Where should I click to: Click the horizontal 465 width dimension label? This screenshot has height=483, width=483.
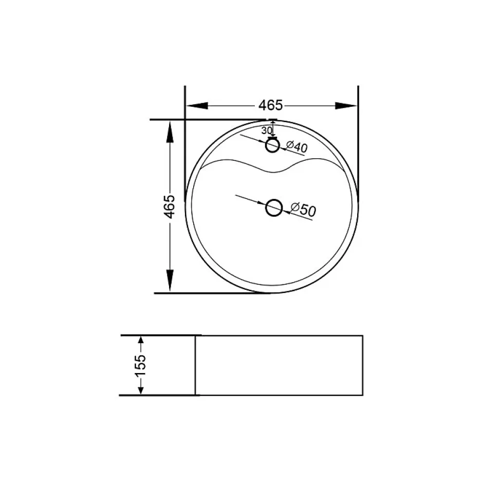(x=270, y=105)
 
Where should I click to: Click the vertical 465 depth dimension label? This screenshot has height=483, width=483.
(x=169, y=207)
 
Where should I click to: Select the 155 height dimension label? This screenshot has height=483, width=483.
(x=140, y=365)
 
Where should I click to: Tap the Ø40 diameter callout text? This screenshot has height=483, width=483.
(x=297, y=146)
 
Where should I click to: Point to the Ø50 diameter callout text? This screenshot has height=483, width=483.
(x=303, y=210)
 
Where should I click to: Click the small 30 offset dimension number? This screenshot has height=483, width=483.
(x=267, y=131)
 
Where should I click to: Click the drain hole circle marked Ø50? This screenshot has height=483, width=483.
(x=273, y=207)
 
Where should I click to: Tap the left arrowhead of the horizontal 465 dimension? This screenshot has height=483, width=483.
(x=197, y=106)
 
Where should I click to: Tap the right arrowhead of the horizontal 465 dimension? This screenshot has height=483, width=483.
(x=346, y=106)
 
